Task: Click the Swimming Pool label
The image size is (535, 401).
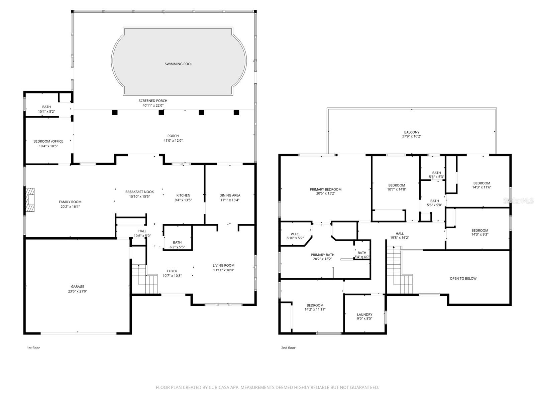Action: pos(178,64)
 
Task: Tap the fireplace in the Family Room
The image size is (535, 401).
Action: pos(30,200)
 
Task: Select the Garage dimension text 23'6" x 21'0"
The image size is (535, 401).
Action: pos(78,291)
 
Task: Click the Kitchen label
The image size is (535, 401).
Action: pos(183,195)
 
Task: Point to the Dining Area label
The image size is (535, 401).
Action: pos(230,195)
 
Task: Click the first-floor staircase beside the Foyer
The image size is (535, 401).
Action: pos(144,279)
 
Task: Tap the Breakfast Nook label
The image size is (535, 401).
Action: pos(139,192)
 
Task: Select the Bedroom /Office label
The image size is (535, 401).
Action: pos(48,141)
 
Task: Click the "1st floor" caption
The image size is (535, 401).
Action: pos(33,348)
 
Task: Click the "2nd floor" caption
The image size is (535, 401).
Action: pos(288,348)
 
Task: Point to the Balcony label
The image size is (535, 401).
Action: pos(411,132)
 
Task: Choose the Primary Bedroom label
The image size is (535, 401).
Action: pos(325,189)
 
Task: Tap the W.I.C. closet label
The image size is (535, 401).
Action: pos(295,234)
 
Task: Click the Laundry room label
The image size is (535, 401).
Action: pos(364,314)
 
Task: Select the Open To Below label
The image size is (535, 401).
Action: pos(463,278)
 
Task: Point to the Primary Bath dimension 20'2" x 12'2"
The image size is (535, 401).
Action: pos(322,259)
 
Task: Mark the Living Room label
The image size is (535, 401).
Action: pos(223,265)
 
